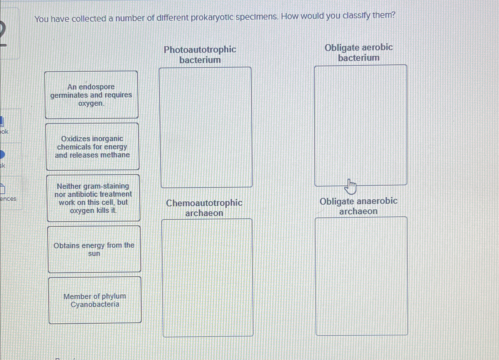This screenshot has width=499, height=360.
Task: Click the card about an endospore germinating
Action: pyautogui.click(x=91, y=95)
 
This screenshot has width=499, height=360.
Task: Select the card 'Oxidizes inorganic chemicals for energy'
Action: pyautogui.click(x=92, y=147)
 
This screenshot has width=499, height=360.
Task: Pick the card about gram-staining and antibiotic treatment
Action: pyautogui.click(x=93, y=198)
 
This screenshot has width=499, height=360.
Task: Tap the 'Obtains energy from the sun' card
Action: pyautogui.click(x=94, y=249)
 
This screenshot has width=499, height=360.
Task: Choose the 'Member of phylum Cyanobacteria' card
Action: pyautogui.click(x=95, y=300)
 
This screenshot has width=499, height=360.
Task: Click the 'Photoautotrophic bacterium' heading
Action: pyautogui.click(x=200, y=55)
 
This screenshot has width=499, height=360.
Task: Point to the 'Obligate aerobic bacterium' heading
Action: pyautogui.click(x=359, y=53)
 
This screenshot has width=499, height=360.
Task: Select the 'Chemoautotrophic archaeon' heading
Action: pyautogui.click(x=204, y=208)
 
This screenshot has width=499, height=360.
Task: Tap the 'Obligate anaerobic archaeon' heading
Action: pyautogui.click(x=358, y=206)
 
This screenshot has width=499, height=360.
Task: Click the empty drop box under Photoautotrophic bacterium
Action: pyautogui.click(x=206, y=127)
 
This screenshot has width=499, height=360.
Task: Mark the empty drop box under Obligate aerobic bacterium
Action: pyautogui.click(x=360, y=125)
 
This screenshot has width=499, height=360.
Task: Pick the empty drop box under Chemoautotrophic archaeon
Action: pyautogui.click(x=208, y=278)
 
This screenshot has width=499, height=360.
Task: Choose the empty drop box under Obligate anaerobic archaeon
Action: pyautogui.click(x=361, y=276)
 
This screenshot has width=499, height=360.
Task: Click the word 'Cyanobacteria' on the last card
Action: pyautogui.click(x=95, y=304)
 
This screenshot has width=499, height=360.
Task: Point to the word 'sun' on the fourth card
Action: pyautogui.click(x=94, y=254)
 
